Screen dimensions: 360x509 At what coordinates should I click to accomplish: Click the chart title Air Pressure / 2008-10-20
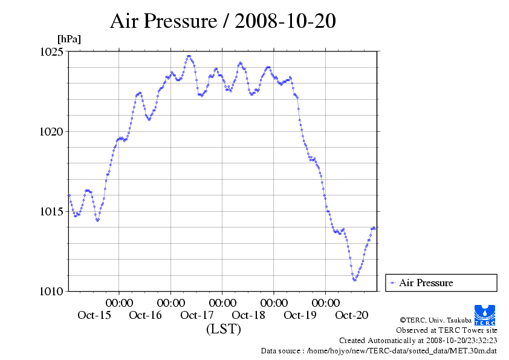tap(222, 21)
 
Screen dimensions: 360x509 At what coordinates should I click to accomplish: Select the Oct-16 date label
tap(145, 315)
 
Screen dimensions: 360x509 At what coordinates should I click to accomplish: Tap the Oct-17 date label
tap(197, 315)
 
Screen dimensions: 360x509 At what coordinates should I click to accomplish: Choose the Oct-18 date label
tap(248, 315)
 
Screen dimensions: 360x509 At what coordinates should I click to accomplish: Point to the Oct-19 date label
tap(300, 315)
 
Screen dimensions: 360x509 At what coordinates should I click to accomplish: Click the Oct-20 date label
tap(351, 315)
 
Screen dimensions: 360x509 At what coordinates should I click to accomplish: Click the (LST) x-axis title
tap(224, 329)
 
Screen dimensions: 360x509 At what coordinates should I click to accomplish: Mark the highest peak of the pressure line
tap(189, 56)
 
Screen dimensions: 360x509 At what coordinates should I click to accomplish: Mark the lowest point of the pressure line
tap(355, 280)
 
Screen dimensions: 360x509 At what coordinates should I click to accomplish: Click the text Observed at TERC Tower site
tap(446, 330)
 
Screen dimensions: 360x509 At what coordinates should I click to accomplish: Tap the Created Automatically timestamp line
tap(418, 341)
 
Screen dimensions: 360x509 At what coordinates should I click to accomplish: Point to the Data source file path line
tap(378, 350)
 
